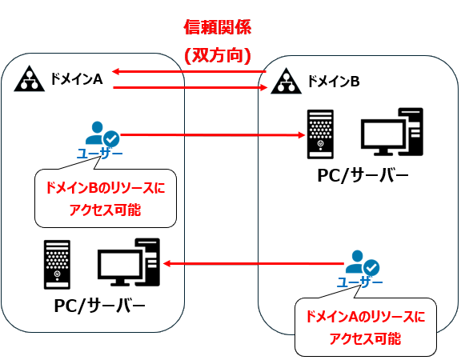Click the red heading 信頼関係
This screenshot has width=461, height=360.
(217, 29)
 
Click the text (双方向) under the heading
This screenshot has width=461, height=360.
(217, 56)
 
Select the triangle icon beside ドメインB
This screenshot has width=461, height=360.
(284, 81)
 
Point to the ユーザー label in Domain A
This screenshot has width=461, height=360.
(100, 153)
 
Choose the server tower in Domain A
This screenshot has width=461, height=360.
(58, 263)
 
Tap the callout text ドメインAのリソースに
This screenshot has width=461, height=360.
(364, 317)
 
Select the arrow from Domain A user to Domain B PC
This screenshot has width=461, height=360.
(211, 134)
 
